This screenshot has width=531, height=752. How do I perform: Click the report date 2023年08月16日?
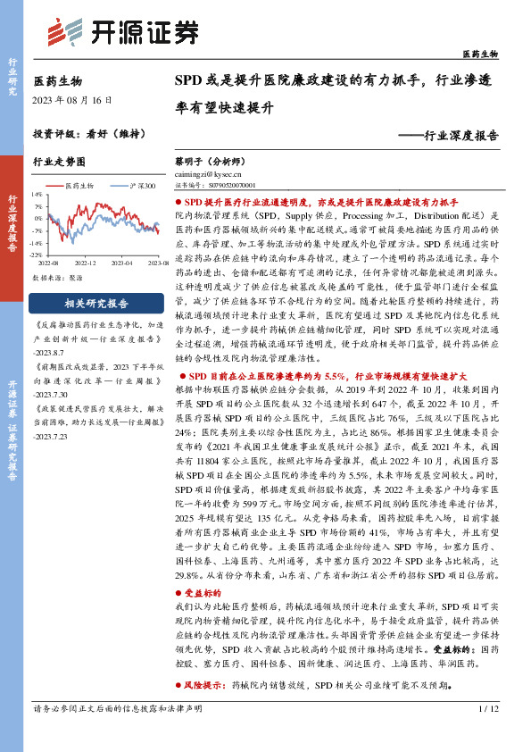coord(73,100)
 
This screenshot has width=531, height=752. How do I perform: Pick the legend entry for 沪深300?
coord(126,185)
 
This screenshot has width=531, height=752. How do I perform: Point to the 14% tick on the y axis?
coord(36,193)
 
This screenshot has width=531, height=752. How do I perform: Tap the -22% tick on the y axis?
coord(35,256)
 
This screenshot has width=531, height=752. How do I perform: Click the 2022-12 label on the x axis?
coord(85,264)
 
